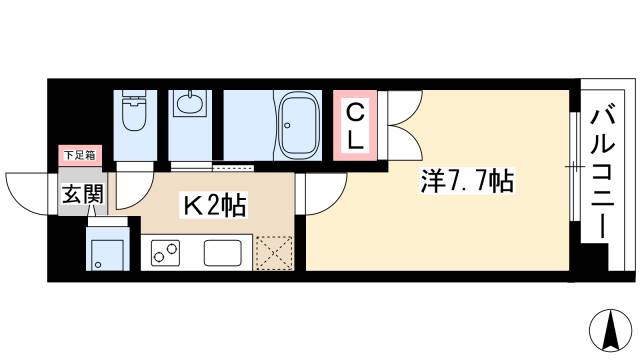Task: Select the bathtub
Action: coord(298,124)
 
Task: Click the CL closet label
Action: coord(354,124)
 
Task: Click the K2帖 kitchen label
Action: coord(214,207)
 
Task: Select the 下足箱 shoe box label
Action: coord(80,155)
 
